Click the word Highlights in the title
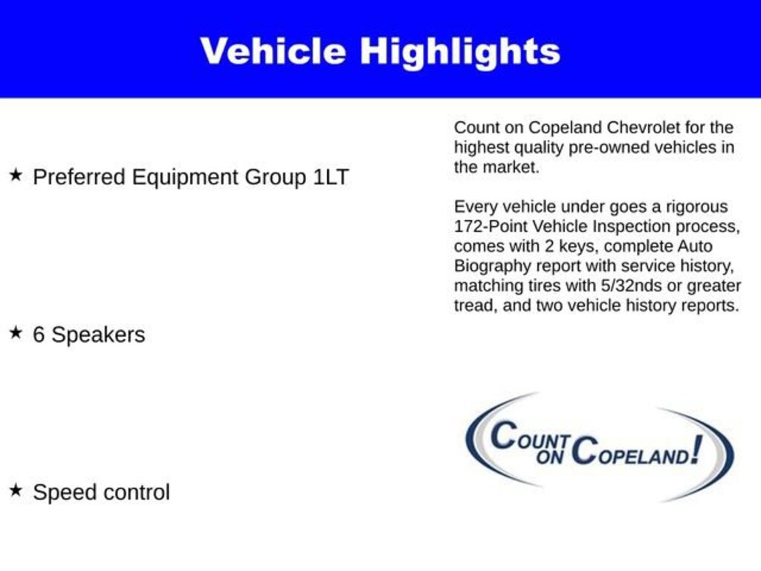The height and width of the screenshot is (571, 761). (460, 52)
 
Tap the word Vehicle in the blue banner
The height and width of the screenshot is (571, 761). (273, 51)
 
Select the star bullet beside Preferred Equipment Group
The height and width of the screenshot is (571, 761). (16, 175)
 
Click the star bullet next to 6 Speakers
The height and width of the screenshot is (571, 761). (16, 332)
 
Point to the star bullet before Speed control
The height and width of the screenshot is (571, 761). (16, 490)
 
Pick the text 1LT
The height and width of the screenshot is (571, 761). (330, 178)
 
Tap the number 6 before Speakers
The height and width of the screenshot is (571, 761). (39, 335)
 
